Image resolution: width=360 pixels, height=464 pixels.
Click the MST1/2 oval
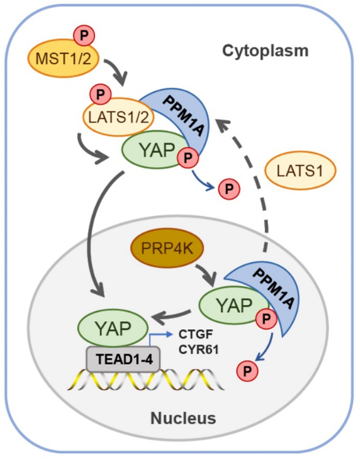pyautogui.click(x=63, y=59)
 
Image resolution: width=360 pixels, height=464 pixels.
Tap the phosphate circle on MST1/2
pyautogui.click(x=84, y=35)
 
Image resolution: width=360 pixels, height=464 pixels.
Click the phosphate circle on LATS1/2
pyautogui.click(x=100, y=95)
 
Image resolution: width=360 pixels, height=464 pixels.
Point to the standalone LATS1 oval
pyautogui.click(x=300, y=171)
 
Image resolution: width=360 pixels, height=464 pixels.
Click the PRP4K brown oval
pyautogui.click(x=168, y=248)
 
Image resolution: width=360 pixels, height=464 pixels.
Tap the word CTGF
pyautogui.click(x=196, y=334)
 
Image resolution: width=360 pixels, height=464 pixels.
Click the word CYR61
pyautogui.click(x=199, y=350)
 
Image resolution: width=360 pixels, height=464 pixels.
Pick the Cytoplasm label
pyautogui.click(x=265, y=51)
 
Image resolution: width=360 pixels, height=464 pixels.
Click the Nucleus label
pyautogui.click(x=183, y=418)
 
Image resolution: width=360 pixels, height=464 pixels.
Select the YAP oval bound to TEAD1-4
pyautogui.click(x=113, y=328)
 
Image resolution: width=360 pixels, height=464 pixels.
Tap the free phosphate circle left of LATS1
pyautogui.click(x=229, y=188)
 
